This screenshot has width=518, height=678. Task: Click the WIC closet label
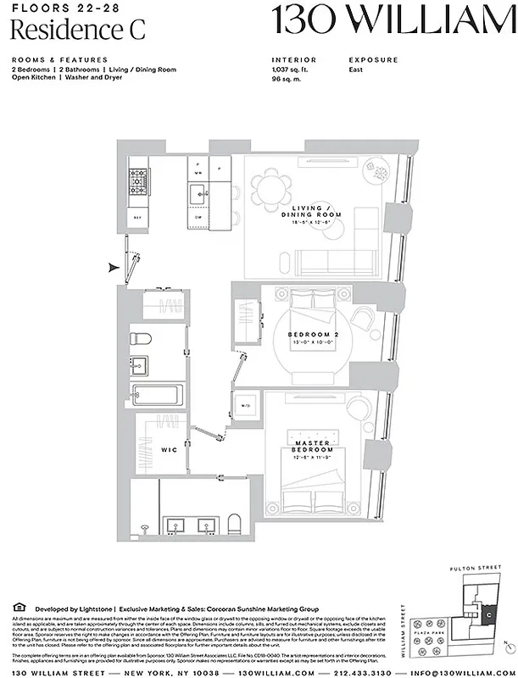click(169, 450)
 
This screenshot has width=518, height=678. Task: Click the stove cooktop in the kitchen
click(137, 180)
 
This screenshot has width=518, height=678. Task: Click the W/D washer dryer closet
click(246, 405)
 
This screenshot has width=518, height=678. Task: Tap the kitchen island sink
click(198, 191)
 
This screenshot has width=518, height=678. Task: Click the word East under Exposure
click(356, 69)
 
